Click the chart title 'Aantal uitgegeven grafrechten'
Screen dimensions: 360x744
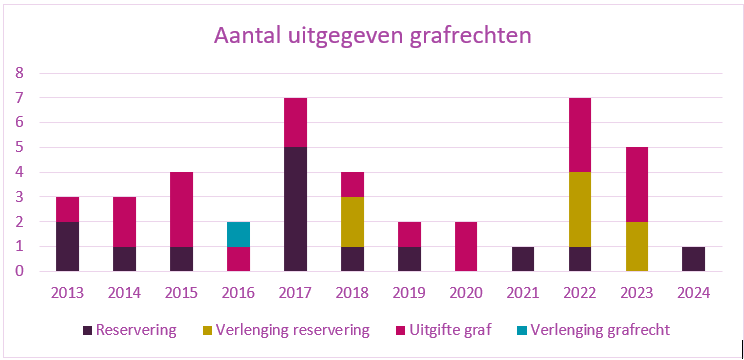click(x=372, y=35)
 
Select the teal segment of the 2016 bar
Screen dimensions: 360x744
click(x=238, y=234)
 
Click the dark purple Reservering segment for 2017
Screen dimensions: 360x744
click(x=295, y=209)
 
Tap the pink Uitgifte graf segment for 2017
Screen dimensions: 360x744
click(x=295, y=122)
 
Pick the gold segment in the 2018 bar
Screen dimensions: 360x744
click(x=352, y=221)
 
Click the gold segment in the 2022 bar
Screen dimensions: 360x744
click(x=580, y=209)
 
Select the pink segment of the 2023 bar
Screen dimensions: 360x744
click(x=637, y=184)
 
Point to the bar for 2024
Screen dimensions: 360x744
click(x=694, y=258)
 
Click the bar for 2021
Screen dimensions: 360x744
click(x=523, y=258)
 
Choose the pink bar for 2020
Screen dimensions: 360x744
click(x=466, y=246)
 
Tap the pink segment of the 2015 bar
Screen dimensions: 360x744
click(x=181, y=209)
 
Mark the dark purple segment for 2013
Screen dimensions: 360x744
click(x=67, y=246)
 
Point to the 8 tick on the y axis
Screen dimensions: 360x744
click(x=18, y=73)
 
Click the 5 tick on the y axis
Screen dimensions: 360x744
click(x=18, y=147)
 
